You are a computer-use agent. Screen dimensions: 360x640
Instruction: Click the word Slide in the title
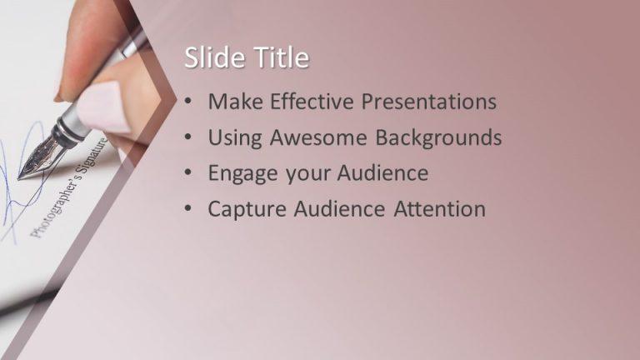pos(208,58)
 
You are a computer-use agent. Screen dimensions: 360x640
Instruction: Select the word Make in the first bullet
pos(233,102)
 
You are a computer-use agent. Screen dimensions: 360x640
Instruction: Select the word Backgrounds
pos(438,137)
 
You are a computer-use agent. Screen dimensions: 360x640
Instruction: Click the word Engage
pos(241,173)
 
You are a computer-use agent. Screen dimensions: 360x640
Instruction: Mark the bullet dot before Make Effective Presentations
pos(190,102)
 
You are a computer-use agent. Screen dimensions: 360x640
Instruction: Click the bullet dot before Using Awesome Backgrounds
pos(190,137)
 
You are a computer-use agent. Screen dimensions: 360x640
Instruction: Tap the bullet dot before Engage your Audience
pos(190,173)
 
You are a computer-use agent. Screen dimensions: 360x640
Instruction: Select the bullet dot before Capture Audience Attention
pos(190,209)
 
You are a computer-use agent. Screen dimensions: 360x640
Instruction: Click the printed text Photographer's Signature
pos(71,187)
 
